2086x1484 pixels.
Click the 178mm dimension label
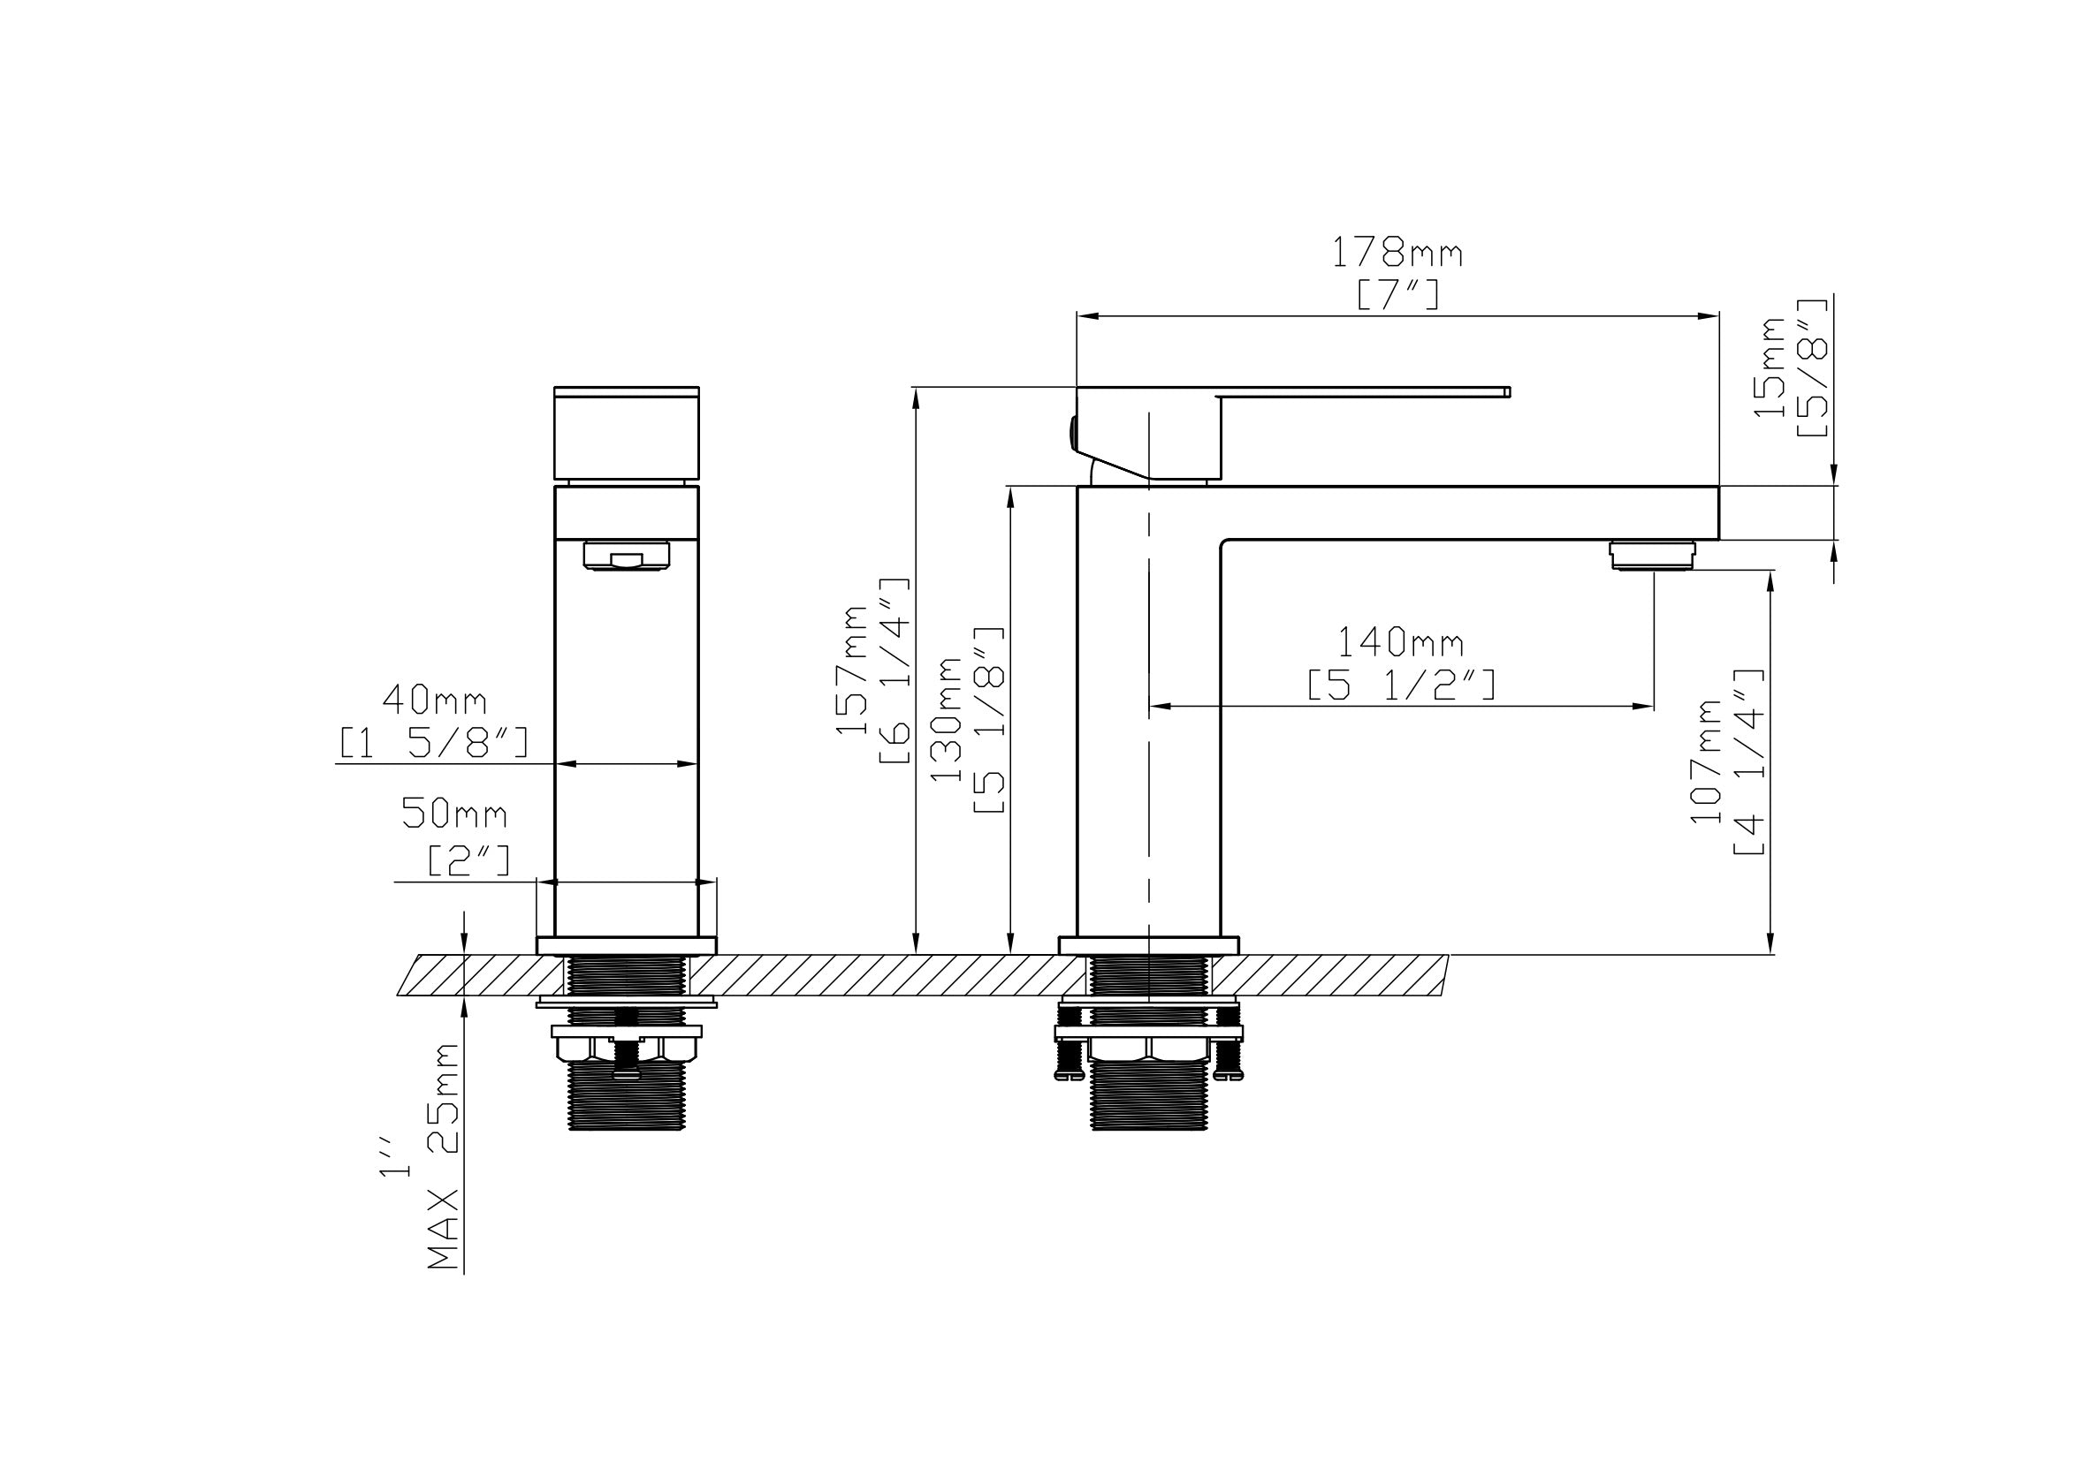(1396, 254)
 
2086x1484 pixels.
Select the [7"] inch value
(1397, 295)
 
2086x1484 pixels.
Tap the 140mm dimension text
(1400, 643)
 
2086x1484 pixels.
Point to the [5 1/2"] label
(1401, 685)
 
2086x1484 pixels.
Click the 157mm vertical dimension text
(852, 670)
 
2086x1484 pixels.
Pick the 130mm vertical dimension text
(947, 718)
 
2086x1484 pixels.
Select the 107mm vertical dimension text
(1706, 762)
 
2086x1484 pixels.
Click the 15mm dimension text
(1770, 367)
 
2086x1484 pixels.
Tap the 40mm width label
(434, 700)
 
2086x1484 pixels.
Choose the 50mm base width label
(454, 814)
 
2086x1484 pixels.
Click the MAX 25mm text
(445, 1157)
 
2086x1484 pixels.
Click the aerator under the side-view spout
(1652, 556)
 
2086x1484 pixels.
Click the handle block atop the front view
(626, 433)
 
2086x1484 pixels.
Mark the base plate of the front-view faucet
(626, 946)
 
